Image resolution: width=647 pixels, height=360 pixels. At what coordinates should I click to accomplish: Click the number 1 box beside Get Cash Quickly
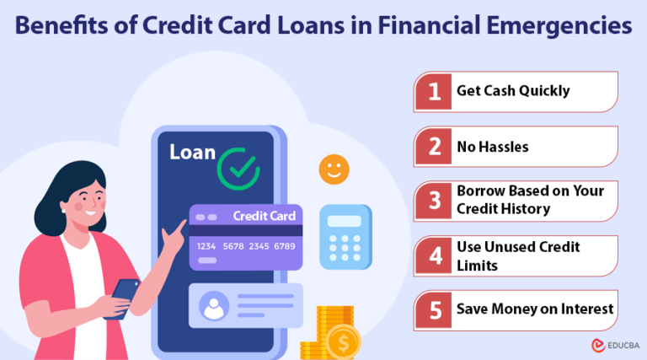click(435, 92)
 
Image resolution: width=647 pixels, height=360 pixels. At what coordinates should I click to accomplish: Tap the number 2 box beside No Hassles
click(435, 147)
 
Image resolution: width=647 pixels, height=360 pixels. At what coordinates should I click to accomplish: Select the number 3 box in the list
click(435, 201)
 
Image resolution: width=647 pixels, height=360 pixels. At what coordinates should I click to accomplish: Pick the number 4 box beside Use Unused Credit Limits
click(435, 256)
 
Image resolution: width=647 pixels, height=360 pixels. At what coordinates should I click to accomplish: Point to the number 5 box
click(435, 310)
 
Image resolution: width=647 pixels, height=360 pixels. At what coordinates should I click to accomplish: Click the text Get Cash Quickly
click(512, 92)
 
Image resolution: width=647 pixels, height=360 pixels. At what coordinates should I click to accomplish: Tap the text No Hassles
click(493, 147)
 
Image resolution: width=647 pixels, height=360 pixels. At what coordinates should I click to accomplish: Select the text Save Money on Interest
click(534, 310)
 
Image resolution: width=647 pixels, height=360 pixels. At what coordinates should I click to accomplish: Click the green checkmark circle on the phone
click(238, 168)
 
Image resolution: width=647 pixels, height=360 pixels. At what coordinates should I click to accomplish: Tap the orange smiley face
click(334, 169)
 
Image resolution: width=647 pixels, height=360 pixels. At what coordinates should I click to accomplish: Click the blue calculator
click(345, 237)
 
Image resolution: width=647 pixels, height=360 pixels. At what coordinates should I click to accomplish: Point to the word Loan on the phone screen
click(192, 153)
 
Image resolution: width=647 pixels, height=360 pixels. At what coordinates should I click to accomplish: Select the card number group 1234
click(207, 246)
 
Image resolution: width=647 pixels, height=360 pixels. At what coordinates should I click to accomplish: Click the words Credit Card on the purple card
click(264, 216)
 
